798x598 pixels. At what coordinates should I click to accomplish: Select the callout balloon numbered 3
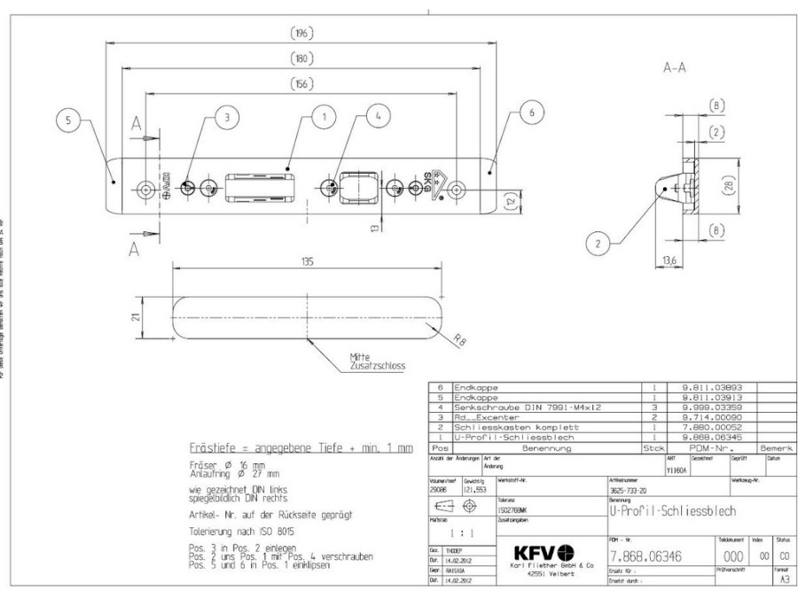coord(227,116)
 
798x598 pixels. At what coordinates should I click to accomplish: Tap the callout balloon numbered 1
coord(325,116)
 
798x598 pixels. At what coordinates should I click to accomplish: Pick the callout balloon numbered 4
coord(379,116)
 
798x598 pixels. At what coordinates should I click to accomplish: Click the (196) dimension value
coord(301,34)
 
